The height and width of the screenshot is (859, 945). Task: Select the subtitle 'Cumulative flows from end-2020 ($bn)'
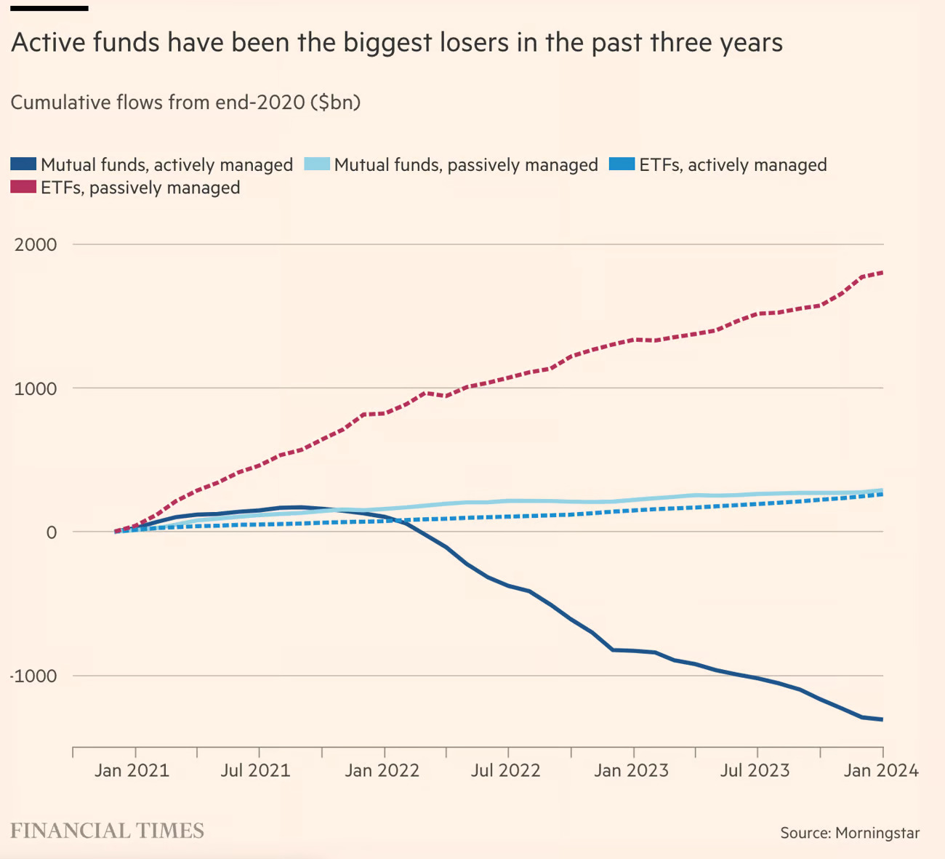[185, 102]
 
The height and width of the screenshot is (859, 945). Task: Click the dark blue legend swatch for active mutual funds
[23, 164]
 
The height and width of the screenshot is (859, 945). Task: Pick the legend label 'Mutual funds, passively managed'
[465, 165]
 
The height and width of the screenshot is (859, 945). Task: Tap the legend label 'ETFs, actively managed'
[733, 165]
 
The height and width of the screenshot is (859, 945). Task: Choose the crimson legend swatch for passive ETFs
[23, 187]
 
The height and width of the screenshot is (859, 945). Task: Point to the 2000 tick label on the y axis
[36, 244]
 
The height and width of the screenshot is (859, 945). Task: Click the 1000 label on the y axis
[36, 388]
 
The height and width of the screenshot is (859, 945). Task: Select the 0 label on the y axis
[51, 532]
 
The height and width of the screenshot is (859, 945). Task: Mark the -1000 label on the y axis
[33, 676]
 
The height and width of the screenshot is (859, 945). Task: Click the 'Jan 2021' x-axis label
[132, 770]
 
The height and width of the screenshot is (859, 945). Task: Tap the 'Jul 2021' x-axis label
[255, 770]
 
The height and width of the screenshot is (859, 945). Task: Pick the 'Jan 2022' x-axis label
[382, 770]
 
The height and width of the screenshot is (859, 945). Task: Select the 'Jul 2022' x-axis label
[505, 770]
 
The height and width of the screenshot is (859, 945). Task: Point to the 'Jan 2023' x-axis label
[631, 770]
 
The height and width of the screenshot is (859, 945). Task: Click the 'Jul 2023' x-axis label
[755, 770]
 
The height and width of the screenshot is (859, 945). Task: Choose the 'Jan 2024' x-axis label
[880, 770]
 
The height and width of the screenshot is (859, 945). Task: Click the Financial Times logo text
[107, 831]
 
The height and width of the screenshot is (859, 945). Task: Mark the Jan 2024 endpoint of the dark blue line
[882, 720]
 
